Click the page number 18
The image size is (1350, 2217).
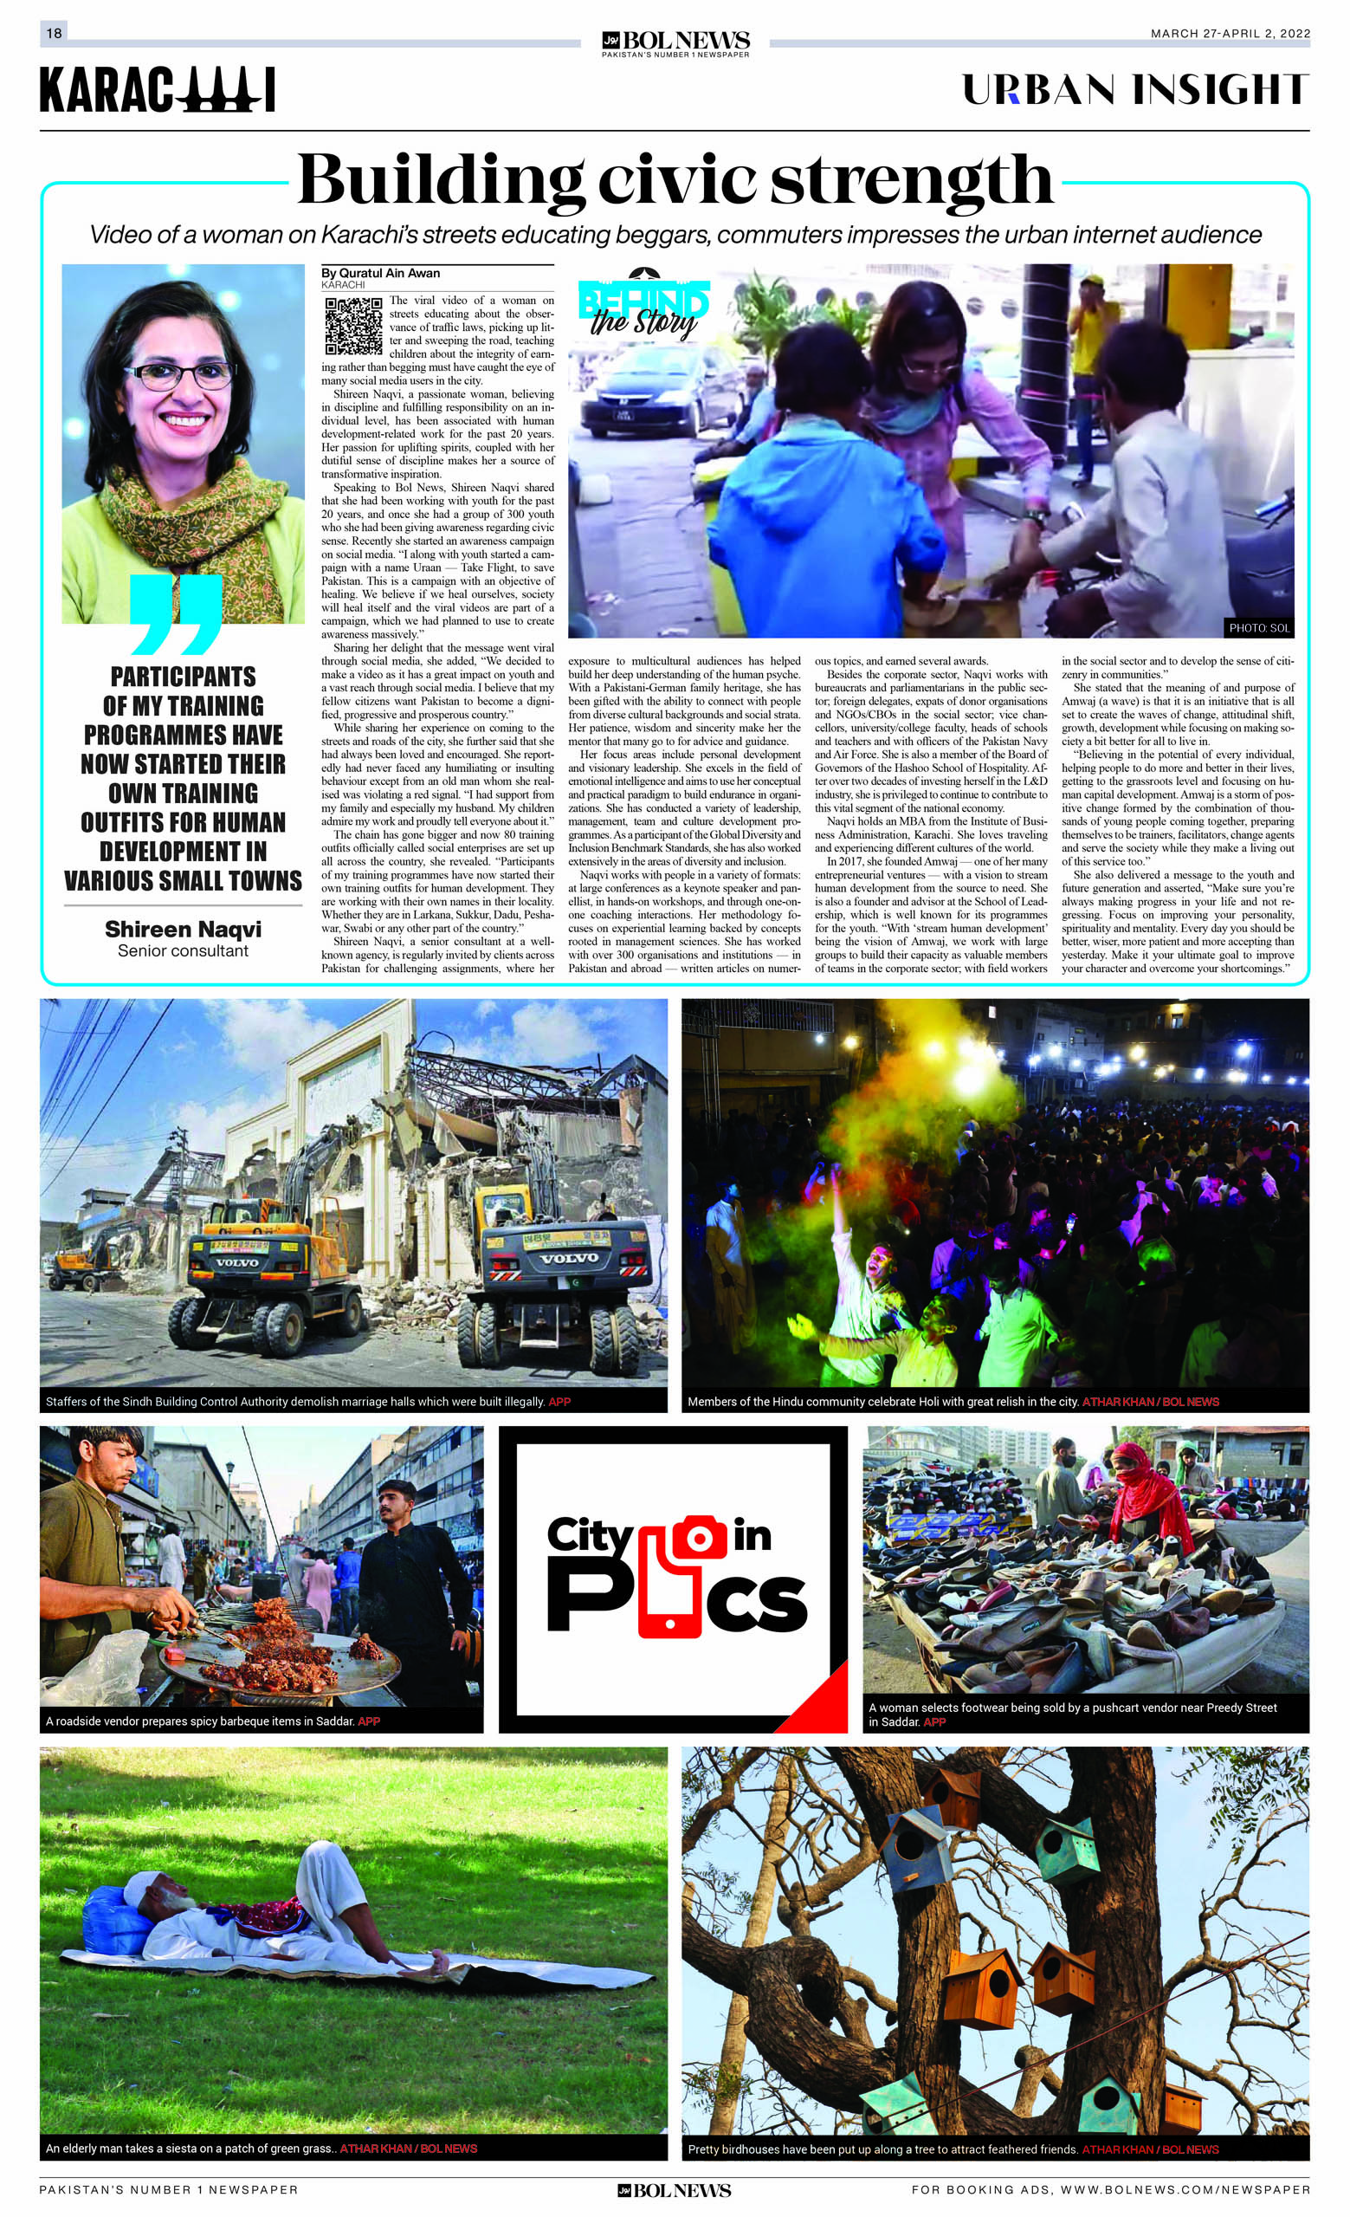pyautogui.click(x=53, y=33)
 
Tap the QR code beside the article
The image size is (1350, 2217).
pyautogui.click(x=352, y=326)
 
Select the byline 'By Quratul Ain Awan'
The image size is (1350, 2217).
pyautogui.click(x=380, y=273)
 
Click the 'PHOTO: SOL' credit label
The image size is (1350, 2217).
pyautogui.click(x=1258, y=628)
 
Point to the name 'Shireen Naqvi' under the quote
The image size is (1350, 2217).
pyautogui.click(x=183, y=929)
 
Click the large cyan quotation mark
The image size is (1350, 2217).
pyautogui.click(x=177, y=614)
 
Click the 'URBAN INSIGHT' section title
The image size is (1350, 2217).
pyautogui.click(x=1135, y=90)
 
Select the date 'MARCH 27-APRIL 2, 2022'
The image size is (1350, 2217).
pyautogui.click(x=1230, y=34)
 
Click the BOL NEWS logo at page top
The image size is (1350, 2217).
pyautogui.click(x=675, y=42)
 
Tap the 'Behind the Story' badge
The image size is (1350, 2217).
pyautogui.click(x=643, y=306)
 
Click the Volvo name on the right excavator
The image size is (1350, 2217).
pyautogui.click(x=568, y=1258)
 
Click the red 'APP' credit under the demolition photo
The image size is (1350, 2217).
pyautogui.click(x=559, y=1402)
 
